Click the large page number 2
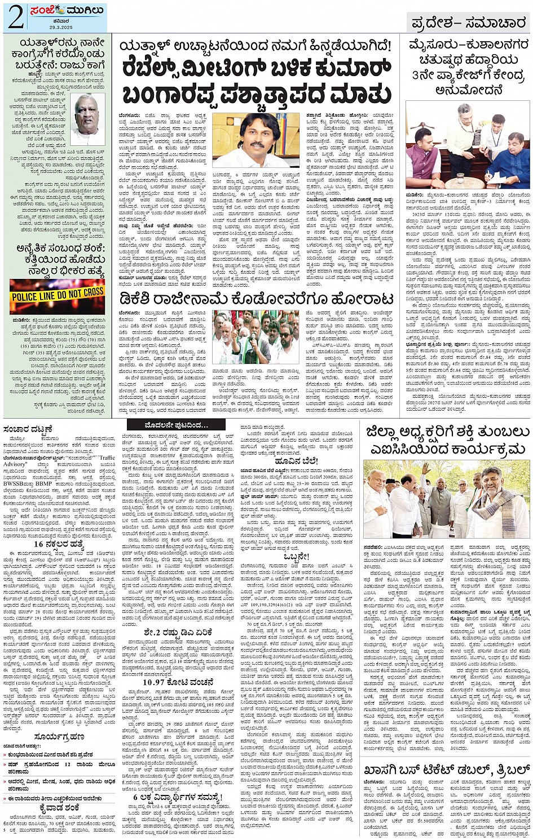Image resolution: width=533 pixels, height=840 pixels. coord(16,18)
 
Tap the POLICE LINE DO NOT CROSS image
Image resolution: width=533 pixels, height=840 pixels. coord(58,294)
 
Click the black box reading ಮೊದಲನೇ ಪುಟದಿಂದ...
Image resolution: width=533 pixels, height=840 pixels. coord(176,425)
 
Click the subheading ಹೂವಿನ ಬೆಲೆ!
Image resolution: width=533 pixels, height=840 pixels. coord(296,460)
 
